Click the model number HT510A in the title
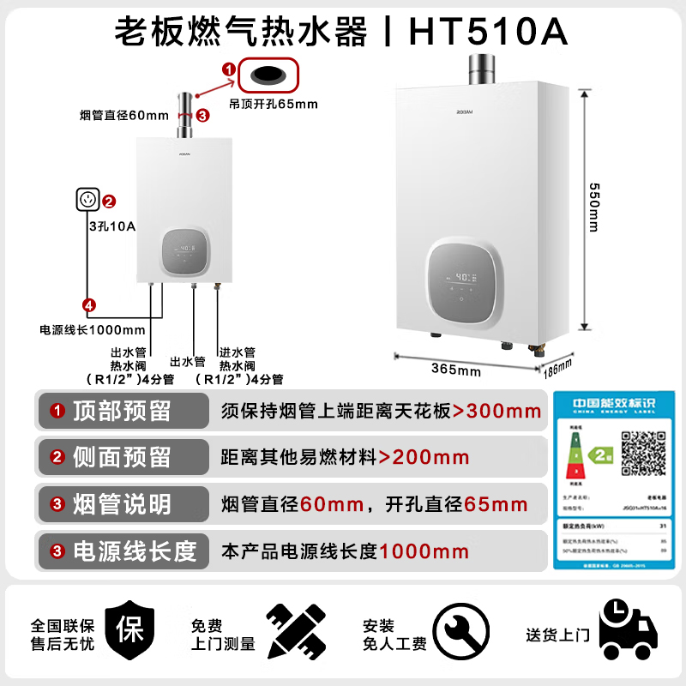click(x=488, y=32)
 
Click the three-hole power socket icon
click(x=87, y=201)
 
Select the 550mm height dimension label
click(x=594, y=210)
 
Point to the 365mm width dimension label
click(x=456, y=370)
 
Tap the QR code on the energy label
click(x=643, y=453)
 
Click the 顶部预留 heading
click(x=135, y=411)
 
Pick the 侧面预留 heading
click(x=135, y=457)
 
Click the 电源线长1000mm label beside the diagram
click(x=93, y=329)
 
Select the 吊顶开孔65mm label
click(x=273, y=105)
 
